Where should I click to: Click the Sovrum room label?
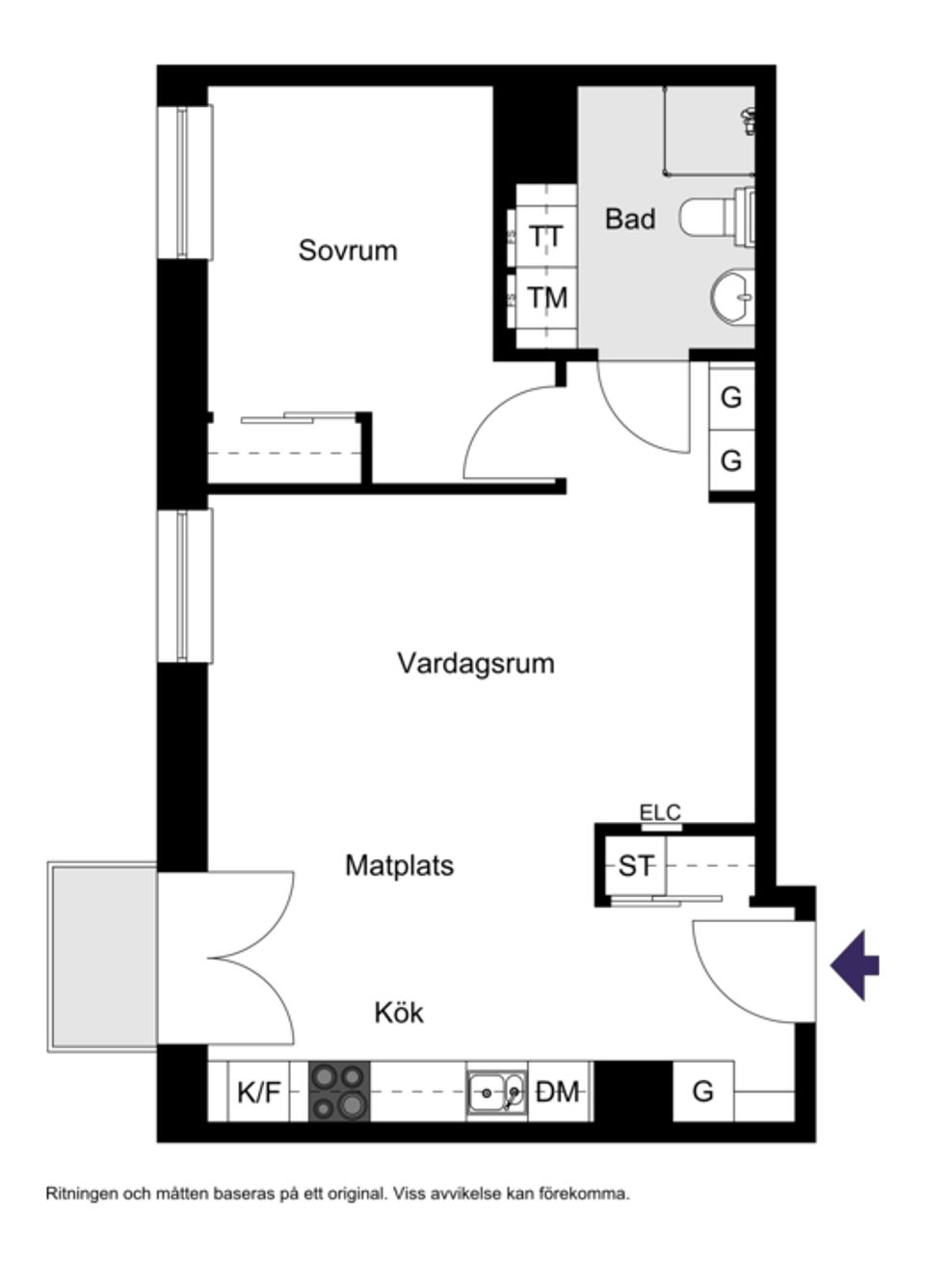[x=347, y=251]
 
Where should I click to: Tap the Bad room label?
[x=629, y=220]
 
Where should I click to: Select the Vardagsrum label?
[x=475, y=664]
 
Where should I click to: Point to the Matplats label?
[x=399, y=865]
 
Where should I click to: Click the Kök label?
[x=399, y=1013]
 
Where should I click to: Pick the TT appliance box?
[x=546, y=237]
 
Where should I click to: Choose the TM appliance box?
[x=546, y=299]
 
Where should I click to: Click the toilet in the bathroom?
[x=713, y=216]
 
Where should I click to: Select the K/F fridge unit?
[x=258, y=1093]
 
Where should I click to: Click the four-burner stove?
[x=338, y=1092]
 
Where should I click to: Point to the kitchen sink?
[x=496, y=1093]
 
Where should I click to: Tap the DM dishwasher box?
[x=558, y=1093]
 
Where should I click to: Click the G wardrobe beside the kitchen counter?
[x=703, y=1092]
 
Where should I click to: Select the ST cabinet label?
[x=635, y=866]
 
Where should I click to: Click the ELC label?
[x=660, y=812]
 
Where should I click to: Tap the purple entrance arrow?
[x=855, y=964]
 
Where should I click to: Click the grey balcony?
[x=102, y=957]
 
